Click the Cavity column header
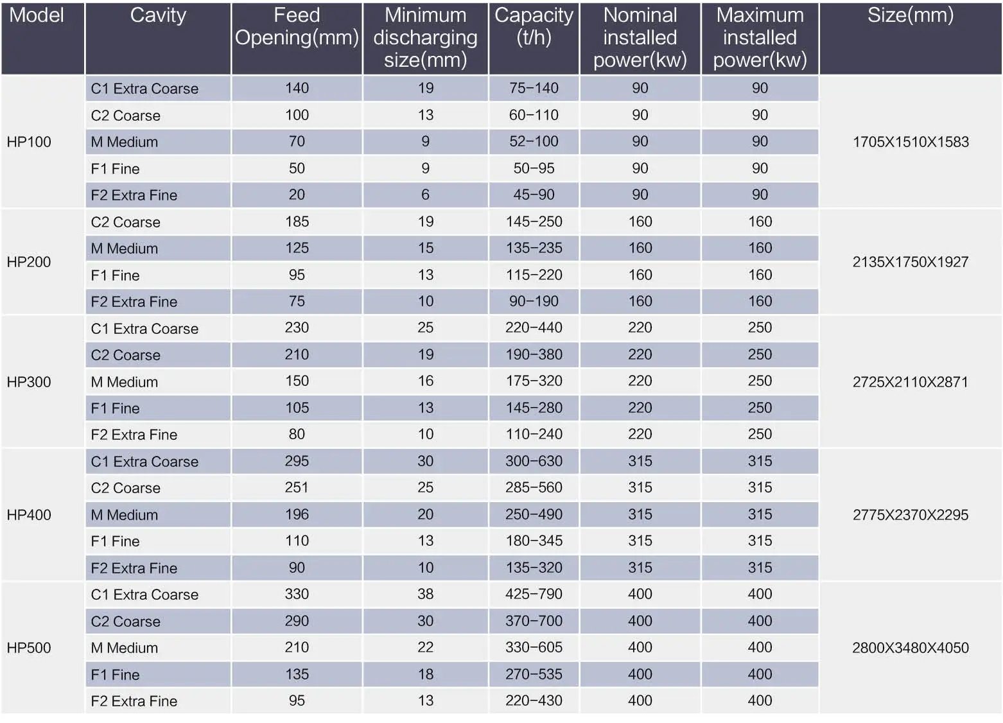(158, 15)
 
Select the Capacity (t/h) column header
(534, 26)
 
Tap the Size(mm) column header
(910, 15)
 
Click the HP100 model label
(29, 142)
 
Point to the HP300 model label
(29, 382)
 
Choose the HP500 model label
(29, 648)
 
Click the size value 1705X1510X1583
(910, 142)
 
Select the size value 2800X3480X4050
(910, 648)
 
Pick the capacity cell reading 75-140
(534, 88)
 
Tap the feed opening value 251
(297, 487)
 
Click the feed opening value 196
(297, 514)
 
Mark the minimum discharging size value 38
(425, 594)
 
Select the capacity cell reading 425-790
(534, 594)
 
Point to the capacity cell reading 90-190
(534, 301)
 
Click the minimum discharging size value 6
(425, 195)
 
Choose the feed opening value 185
(297, 222)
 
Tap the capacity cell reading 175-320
(534, 381)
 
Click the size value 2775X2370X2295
(910, 515)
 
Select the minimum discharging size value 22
(425, 647)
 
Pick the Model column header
(37, 15)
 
